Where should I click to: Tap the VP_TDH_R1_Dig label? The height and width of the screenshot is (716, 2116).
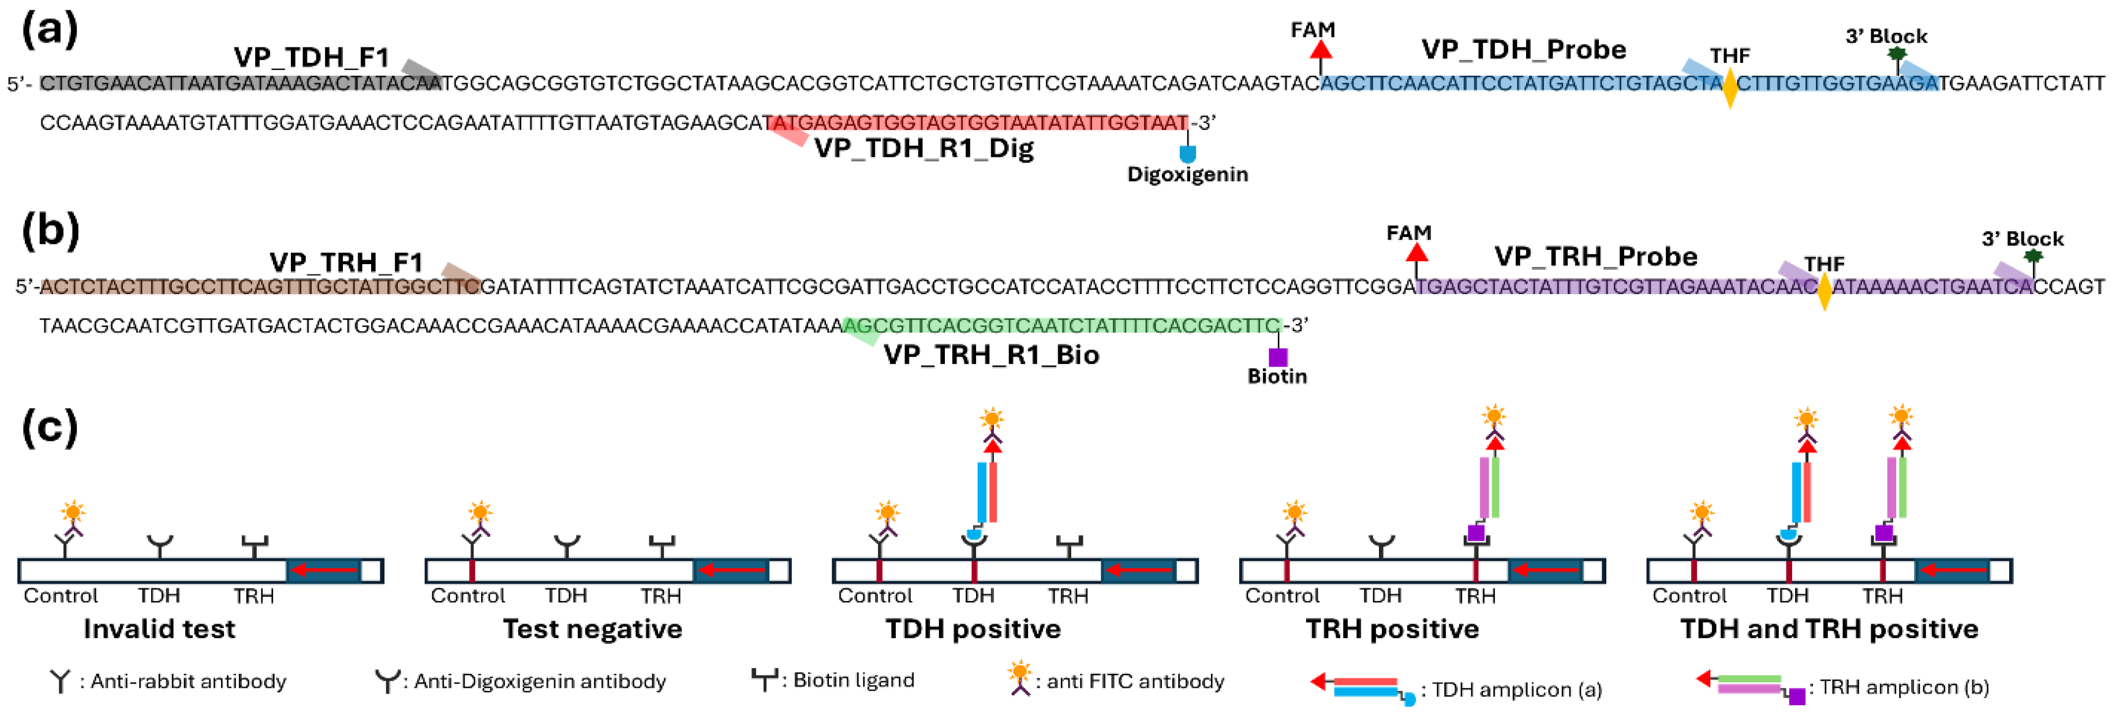tap(924, 149)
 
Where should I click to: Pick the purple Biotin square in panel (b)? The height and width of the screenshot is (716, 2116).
tap(1277, 357)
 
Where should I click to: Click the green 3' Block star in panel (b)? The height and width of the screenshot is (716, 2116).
tap(2033, 257)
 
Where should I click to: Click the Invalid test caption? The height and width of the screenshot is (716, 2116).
tap(159, 629)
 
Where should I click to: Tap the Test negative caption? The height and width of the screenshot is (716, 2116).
tap(592, 629)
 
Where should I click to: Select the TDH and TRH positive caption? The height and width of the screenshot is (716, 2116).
tap(1829, 629)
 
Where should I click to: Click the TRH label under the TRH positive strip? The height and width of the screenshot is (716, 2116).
tap(1475, 596)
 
